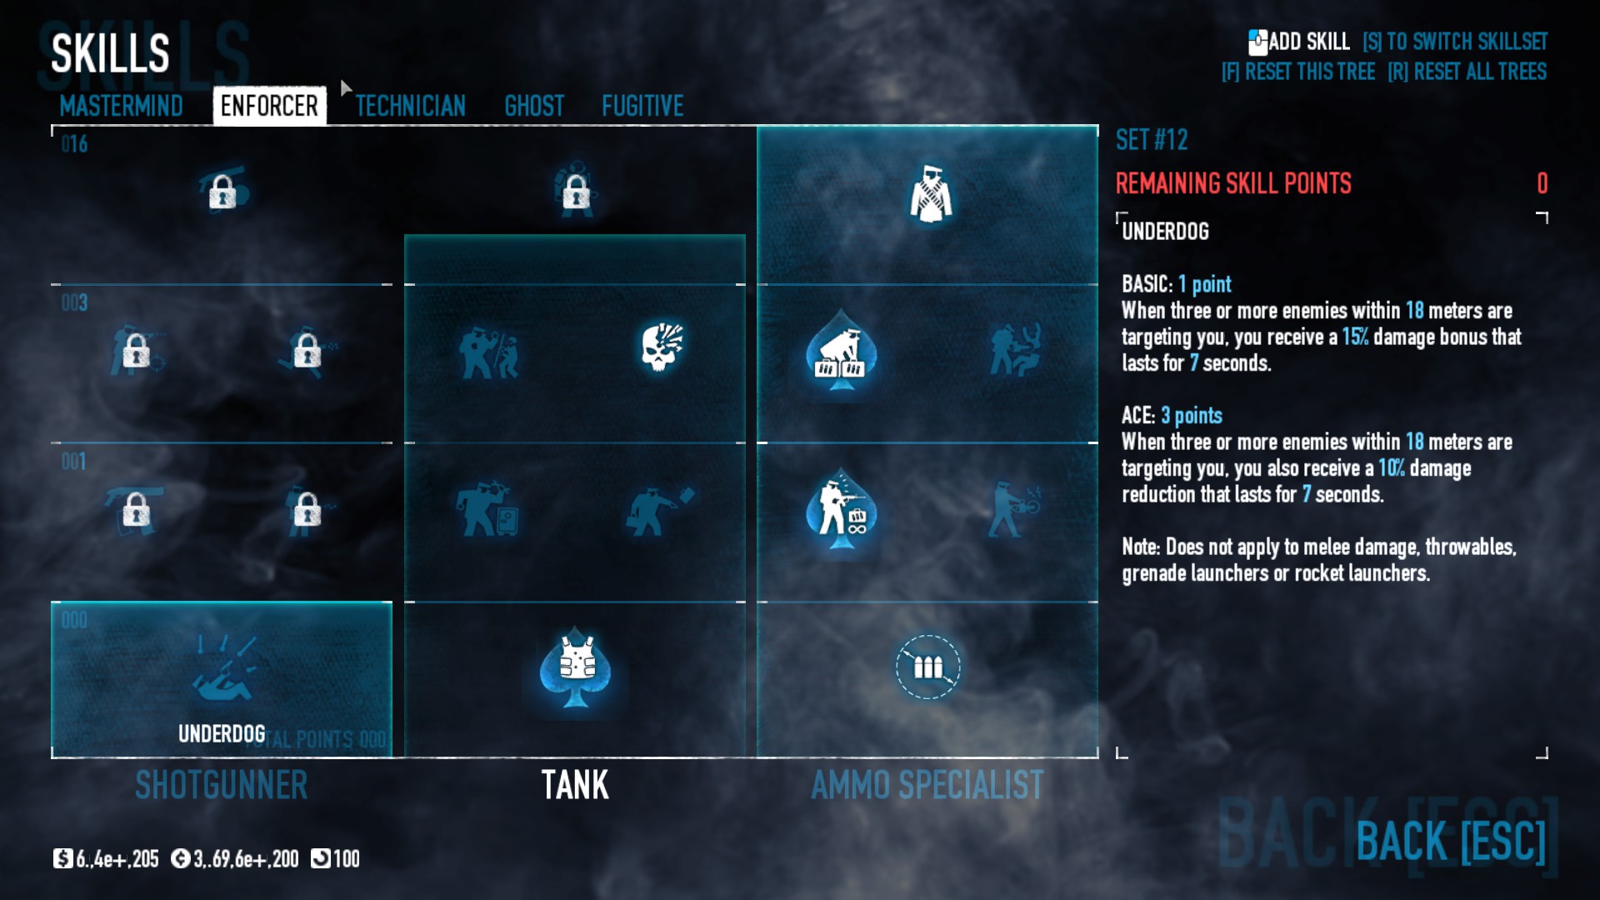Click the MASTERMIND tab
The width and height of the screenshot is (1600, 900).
click(x=121, y=106)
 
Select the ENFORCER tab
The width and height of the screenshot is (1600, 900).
click(x=269, y=106)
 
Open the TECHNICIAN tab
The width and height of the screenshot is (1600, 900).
click(x=410, y=106)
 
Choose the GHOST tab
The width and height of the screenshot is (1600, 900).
click(x=534, y=106)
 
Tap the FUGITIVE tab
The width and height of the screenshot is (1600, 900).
click(x=642, y=106)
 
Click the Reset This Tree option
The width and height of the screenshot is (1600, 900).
click(x=1298, y=72)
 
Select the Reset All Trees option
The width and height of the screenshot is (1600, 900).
click(x=1467, y=72)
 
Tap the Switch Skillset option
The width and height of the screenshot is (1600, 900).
click(x=1455, y=42)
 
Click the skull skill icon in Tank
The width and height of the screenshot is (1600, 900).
click(x=662, y=347)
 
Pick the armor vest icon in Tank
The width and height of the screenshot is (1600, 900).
click(x=575, y=667)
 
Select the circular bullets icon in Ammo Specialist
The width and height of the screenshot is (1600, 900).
click(x=927, y=667)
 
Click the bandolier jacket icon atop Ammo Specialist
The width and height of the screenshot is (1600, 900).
click(x=930, y=194)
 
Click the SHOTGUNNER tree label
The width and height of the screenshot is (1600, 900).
click(x=221, y=785)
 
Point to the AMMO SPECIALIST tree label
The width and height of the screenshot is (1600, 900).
click(x=927, y=785)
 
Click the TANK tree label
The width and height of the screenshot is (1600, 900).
click(x=575, y=785)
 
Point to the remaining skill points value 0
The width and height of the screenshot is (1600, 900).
click(x=1542, y=183)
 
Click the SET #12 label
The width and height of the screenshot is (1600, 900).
click(x=1152, y=140)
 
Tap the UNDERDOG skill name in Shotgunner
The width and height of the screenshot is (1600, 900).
click(x=222, y=733)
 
